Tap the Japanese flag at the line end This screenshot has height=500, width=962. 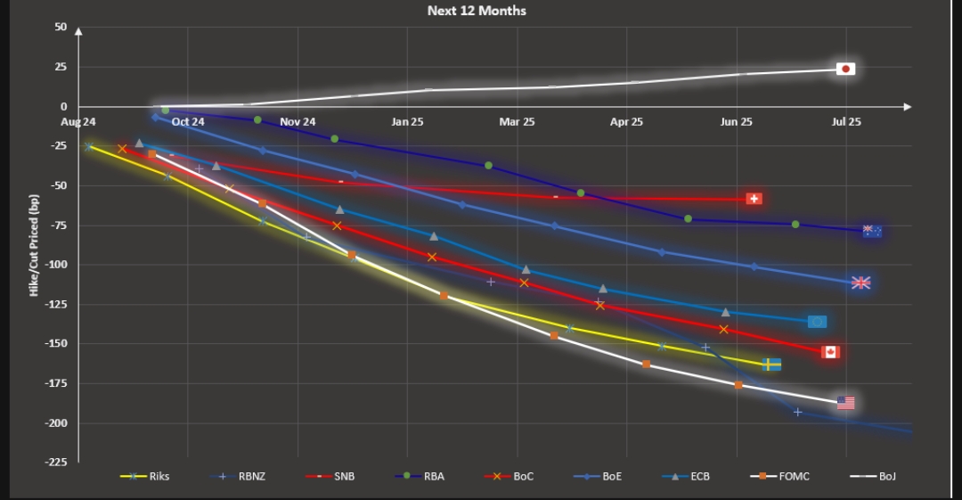point(845,69)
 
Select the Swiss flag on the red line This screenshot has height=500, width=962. point(754,199)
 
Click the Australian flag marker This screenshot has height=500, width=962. point(872,232)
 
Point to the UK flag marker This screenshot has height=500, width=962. point(860,283)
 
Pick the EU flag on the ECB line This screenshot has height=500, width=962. point(816,322)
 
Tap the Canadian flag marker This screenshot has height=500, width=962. point(830,352)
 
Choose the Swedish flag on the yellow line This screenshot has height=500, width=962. point(771,365)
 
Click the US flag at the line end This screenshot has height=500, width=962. point(845,403)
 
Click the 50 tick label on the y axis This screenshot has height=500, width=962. point(61,28)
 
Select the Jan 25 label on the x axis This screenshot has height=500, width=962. point(408,121)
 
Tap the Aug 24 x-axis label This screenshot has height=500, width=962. point(77,121)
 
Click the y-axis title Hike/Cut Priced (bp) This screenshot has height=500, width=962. point(35,244)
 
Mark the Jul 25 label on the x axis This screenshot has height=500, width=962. point(846,121)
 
